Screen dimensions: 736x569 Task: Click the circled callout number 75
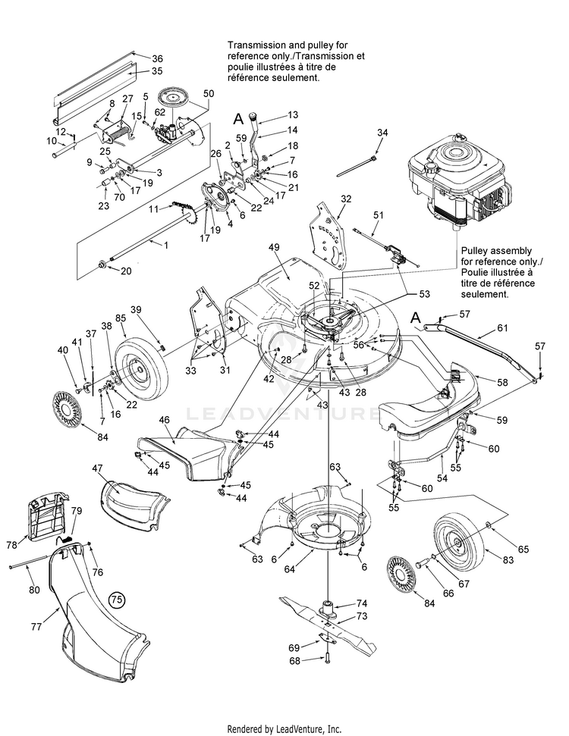click(x=116, y=599)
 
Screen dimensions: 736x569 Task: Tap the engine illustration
click(x=456, y=189)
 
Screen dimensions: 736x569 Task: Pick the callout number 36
click(x=157, y=58)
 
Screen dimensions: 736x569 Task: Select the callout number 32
click(x=346, y=199)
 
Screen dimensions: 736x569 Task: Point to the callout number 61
click(x=501, y=328)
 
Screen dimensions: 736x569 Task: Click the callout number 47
click(x=97, y=470)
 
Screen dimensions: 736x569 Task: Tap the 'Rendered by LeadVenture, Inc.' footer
click(x=284, y=728)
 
